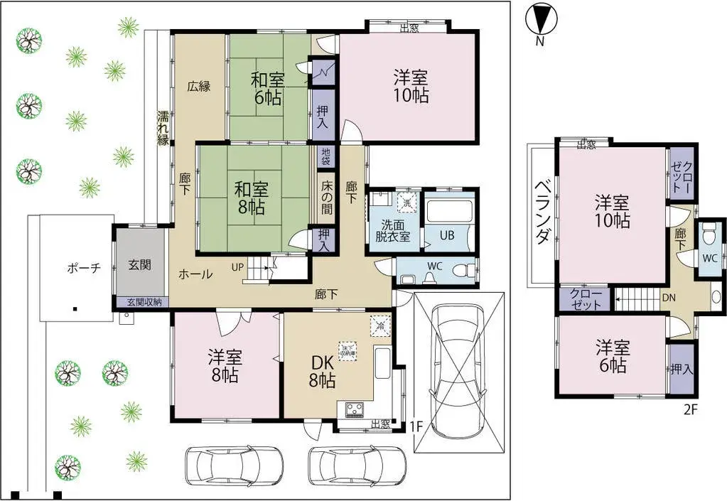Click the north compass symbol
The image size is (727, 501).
click(x=540, y=19)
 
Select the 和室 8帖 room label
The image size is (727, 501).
click(x=252, y=198)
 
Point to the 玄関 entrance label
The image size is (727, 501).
click(x=139, y=264)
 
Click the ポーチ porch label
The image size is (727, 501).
click(x=84, y=268)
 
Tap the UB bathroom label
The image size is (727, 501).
click(x=447, y=236)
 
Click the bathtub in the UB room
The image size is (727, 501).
click(x=448, y=211)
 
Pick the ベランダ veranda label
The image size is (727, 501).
click(x=543, y=212)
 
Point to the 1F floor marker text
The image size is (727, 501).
click(x=417, y=426)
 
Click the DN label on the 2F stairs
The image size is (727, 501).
click(x=668, y=298)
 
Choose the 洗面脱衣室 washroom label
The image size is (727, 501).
click(x=393, y=230)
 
